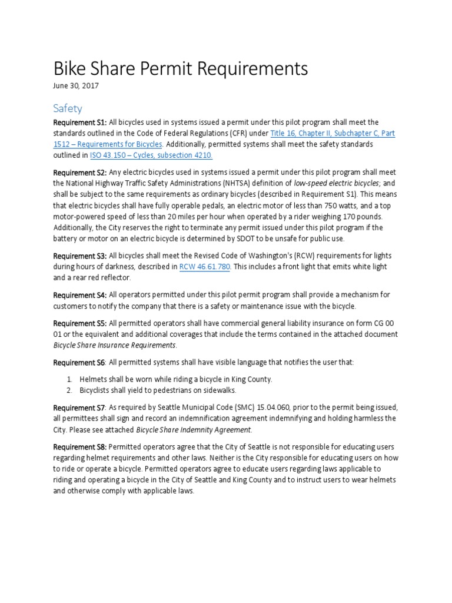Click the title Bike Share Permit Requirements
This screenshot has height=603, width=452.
click(x=181, y=69)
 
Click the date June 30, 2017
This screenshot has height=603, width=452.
click(x=76, y=86)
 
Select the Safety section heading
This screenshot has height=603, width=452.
click(x=68, y=108)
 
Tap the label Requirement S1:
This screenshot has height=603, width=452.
click(x=80, y=122)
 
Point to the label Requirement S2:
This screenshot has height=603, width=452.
click(x=80, y=173)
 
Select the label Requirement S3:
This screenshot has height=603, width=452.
click(x=80, y=256)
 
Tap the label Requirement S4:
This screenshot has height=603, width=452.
click(x=80, y=294)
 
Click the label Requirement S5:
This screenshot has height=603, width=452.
click(x=80, y=323)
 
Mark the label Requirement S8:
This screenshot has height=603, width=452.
click(x=80, y=447)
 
